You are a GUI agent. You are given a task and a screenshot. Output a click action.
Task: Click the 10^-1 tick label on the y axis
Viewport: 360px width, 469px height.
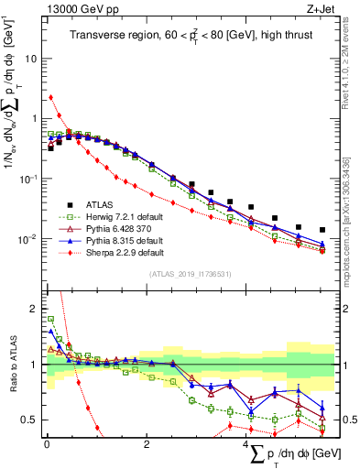[27, 179]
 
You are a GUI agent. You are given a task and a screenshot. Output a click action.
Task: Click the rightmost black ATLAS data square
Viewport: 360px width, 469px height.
[322, 230]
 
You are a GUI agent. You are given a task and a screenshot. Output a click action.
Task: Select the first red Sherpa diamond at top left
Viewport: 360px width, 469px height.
[50, 97]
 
